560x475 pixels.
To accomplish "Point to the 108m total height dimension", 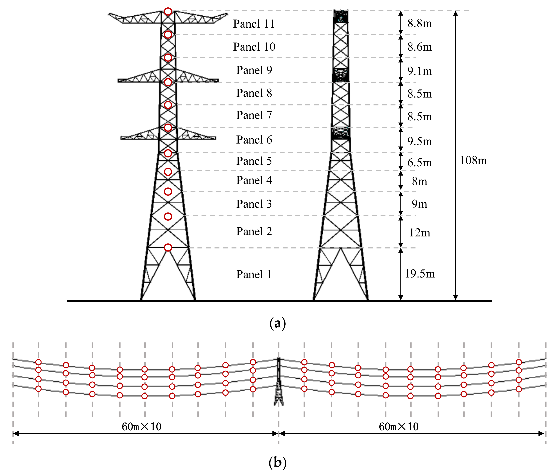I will coord(473,161).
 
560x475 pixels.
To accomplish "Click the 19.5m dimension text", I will coord(420,274).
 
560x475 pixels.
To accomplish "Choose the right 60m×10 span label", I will coord(398,427).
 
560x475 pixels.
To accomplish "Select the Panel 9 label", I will coord(254,70).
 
